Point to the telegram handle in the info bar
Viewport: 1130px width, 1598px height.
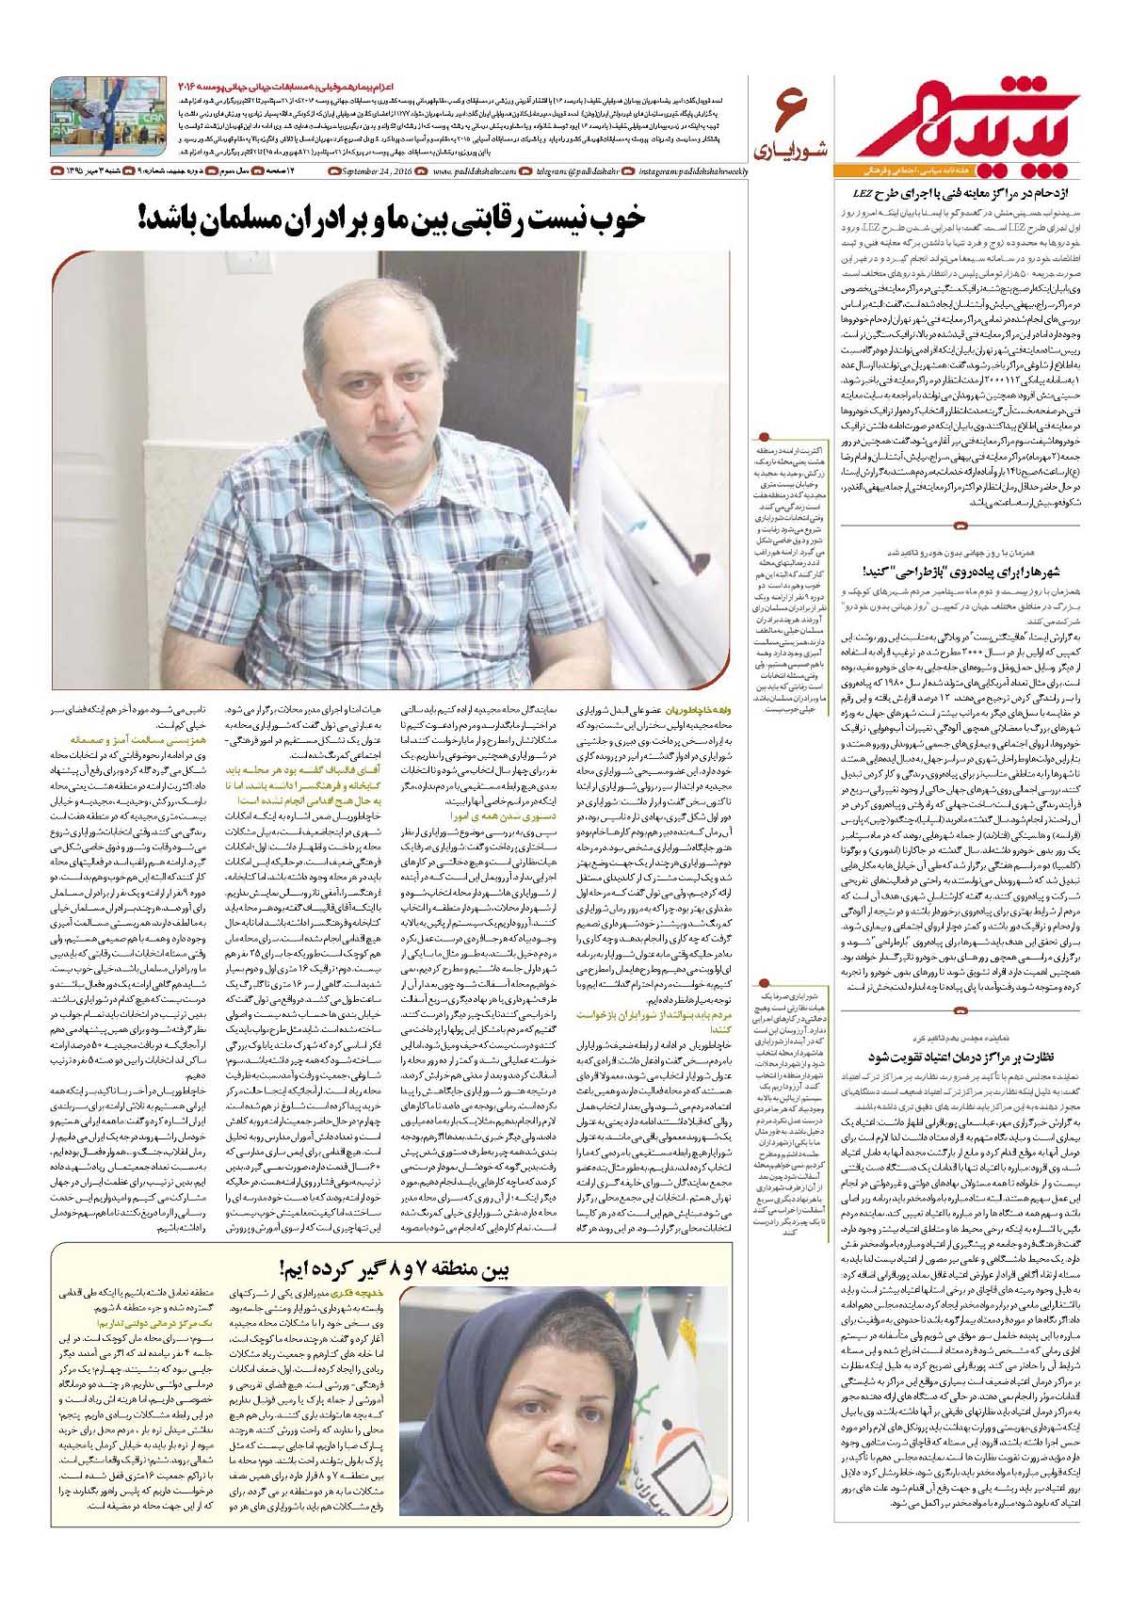click(x=583, y=170)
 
